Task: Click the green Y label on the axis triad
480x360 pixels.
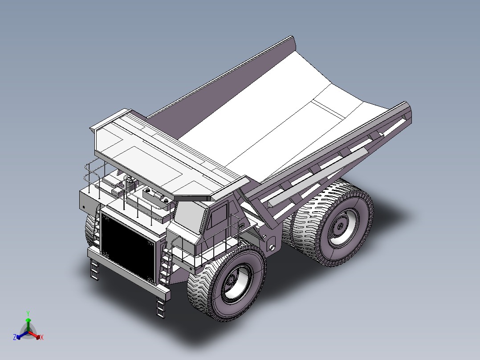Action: tap(28, 313)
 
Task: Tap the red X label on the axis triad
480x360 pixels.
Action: tap(42, 338)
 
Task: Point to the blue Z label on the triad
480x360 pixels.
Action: tap(15, 337)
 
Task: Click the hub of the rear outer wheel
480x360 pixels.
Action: tap(339, 227)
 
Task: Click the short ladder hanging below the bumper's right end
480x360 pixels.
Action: tap(161, 307)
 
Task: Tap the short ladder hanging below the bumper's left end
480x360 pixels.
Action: tap(94, 270)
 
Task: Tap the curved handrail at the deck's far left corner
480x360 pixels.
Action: tap(88, 172)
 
